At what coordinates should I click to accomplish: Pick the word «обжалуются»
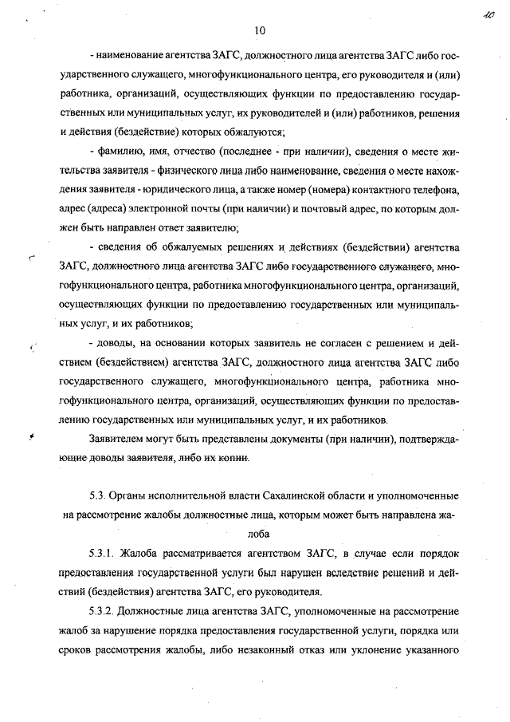[254, 131]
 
